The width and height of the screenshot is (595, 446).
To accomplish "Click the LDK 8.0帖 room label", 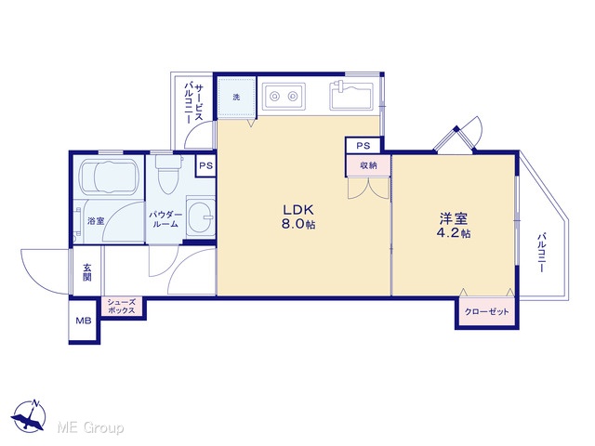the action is pos(298,216).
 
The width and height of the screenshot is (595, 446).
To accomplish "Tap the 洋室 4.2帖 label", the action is pos(454,225).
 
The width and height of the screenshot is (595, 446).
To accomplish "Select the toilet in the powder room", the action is pos(168,175).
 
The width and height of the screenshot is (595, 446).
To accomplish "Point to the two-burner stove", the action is pos(284,97).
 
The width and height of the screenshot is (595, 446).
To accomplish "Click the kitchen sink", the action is pos(351,96).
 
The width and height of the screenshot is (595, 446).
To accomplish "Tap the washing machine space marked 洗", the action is pos(236,97).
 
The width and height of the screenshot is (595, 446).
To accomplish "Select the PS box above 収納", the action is pos(364,146).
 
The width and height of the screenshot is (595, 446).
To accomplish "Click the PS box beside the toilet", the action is pos(206,165).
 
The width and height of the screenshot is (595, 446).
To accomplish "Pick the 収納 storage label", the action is pos(368,165).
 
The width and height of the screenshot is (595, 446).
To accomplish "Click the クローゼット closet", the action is pos(487,312).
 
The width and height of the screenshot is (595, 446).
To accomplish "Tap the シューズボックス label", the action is pos(121,306).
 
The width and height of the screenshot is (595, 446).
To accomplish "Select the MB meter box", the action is pos(84,321).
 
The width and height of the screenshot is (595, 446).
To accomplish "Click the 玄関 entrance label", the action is pos(87,272).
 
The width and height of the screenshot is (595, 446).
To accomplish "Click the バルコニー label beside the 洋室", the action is pos(541,253).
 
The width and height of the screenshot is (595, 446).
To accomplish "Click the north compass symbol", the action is pos(29,415).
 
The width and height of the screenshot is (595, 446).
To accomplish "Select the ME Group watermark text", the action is pos(91,427).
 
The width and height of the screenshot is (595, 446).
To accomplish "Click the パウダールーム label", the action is pos(165,219).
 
